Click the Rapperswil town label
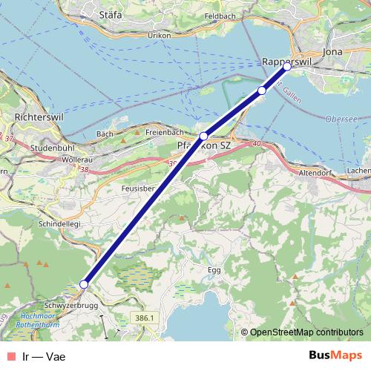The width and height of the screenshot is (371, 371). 285,62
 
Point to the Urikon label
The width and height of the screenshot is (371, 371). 160,35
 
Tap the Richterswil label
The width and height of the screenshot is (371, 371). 36,117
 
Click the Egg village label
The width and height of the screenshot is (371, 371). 214,270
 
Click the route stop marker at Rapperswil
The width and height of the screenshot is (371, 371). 288,67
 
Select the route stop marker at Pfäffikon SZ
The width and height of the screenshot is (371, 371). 203,136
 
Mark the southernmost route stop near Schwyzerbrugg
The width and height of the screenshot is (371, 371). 84,284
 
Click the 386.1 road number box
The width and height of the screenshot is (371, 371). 148,318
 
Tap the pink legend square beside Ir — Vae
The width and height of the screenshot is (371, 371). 9,356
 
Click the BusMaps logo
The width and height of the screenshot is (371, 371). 335,355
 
